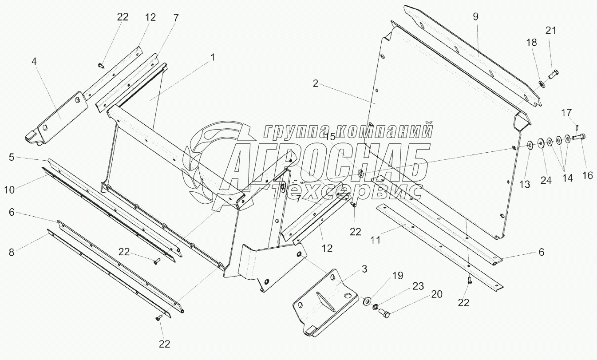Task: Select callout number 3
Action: point(364,268)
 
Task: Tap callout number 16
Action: point(587,175)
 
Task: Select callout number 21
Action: point(550,31)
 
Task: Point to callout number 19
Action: point(397,276)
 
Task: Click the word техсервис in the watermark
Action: point(346,191)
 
